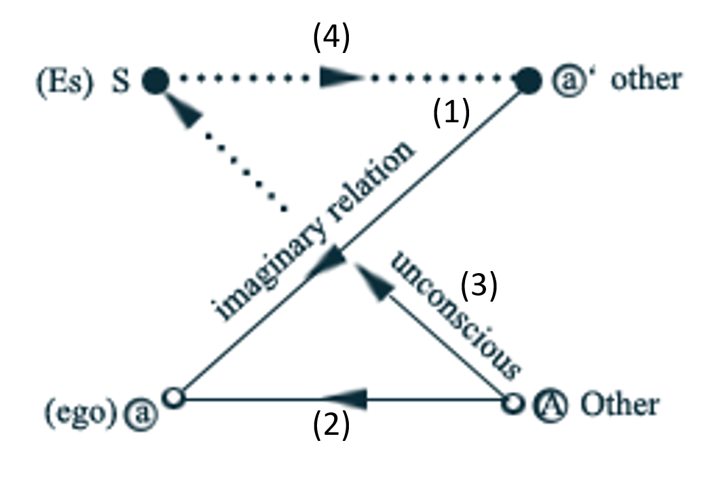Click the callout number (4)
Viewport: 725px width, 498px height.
tap(331, 39)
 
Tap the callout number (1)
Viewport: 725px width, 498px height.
tap(451, 113)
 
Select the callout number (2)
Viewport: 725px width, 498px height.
tap(331, 426)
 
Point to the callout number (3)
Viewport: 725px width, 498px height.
tap(479, 286)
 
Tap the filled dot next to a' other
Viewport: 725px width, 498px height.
tap(528, 80)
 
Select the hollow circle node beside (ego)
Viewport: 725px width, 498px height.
tap(175, 397)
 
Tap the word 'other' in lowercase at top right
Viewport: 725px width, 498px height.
tap(646, 79)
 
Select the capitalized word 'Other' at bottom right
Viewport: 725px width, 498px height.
tap(619, 404)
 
